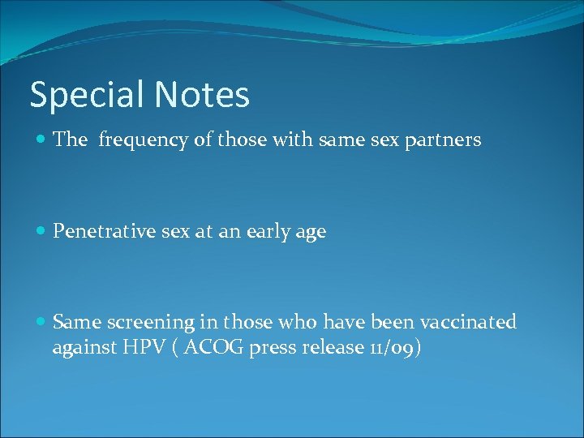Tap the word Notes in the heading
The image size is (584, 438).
coord(202,94)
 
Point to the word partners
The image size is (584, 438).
coord(444,140)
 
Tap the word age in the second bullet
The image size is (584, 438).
coord(311,233)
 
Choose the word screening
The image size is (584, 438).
coord(148,323)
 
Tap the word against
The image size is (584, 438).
coord(84,348)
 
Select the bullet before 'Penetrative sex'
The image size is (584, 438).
coord(41,232)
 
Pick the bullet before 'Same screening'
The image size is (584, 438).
coord(41,323)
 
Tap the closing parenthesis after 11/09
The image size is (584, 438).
coord(418,348)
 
